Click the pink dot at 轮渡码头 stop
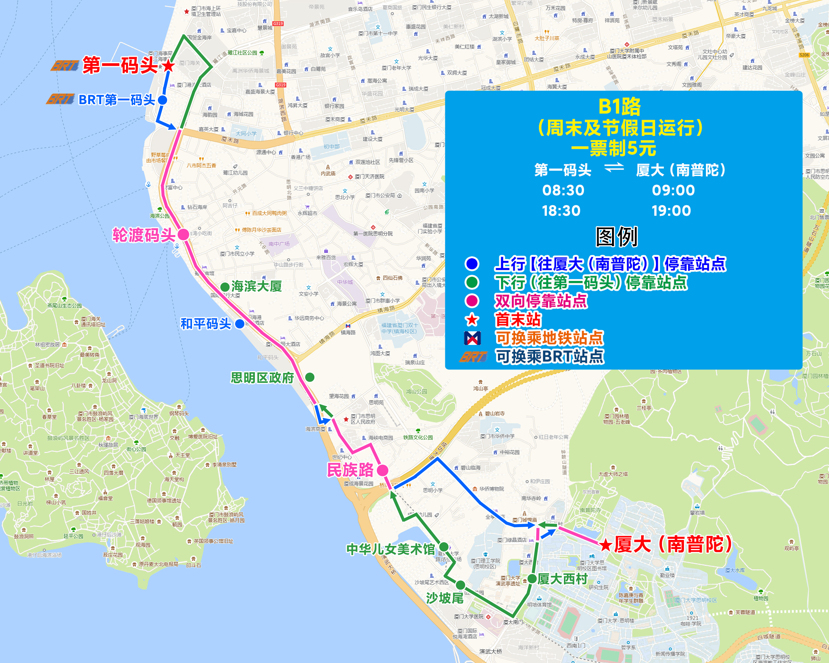(x=183, y=234)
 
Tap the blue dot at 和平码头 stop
(x=240, y=324)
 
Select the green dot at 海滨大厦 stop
(x=225, y=287)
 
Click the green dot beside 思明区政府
(x=309, y=377)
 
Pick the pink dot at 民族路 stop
(x=382, y=470)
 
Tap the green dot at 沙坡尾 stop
(x=461, y=585)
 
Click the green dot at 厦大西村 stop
(x=532, y=579)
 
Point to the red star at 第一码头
(x=168, y=66)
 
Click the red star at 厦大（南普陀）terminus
(x=606, y=544)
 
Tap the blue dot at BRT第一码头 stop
(x=162, y=100)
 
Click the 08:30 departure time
(x=563, y=190)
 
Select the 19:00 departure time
(x=671, y=211)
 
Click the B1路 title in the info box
(x=620, y=106)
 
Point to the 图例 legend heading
(x=617, y=237)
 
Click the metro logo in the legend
(x=472, y=338)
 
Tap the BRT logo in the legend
(x=473, y=357)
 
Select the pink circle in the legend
(x=472, y=301)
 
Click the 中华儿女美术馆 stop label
(x=390, y=549)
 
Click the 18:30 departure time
(x=561, y=211)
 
